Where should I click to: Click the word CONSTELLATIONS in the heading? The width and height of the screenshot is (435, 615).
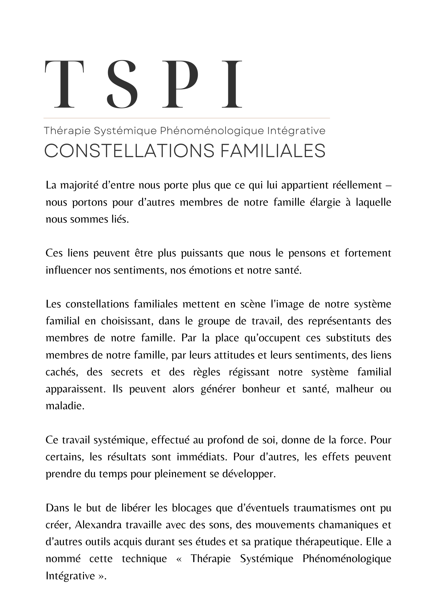[130, 151]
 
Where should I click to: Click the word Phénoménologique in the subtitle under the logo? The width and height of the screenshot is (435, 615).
[212, 131]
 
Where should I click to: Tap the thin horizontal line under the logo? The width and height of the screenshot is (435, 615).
[186, 118]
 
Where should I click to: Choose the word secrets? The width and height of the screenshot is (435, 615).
[127, 372]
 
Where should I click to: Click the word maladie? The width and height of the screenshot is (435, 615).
[65, 406]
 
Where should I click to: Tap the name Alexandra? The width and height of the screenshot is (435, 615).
[98, 525]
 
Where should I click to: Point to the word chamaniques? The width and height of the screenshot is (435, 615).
[348, 525]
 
